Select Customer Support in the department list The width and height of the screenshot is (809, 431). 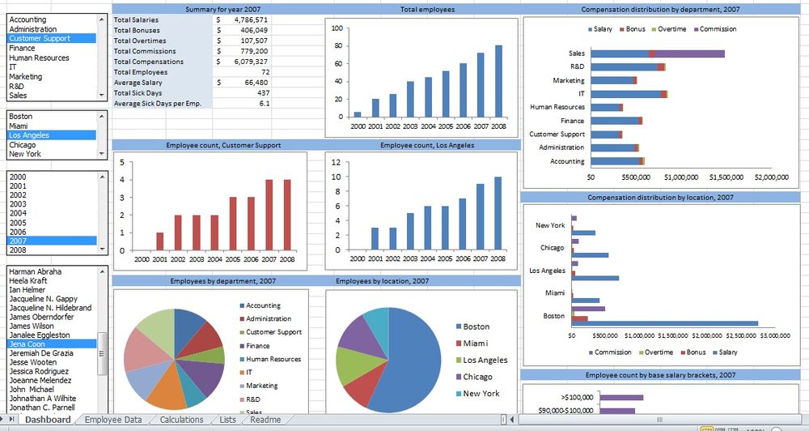tap(40, 38)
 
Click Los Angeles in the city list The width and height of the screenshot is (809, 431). tap(29, 135)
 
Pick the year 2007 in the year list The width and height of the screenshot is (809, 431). tap(18, 241)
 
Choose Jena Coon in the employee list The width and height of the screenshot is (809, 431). tap(28, 344)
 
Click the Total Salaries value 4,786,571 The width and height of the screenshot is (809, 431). tap(246, 19)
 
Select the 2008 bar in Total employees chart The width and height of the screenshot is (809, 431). tap(498, 81)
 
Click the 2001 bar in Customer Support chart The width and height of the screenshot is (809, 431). tap(159, 241)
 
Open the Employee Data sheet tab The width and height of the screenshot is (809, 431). tap(113, 420)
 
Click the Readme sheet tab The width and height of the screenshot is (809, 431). tap(265, 420)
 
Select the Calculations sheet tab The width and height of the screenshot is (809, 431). tap(181, 420)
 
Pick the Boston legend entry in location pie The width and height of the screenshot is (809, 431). tap(476, 326)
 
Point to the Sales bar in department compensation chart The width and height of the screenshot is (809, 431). tap(657, 53)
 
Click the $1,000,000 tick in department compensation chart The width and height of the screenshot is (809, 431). tap(680, 177)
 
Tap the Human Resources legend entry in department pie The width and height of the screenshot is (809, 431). tap(273, 359)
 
